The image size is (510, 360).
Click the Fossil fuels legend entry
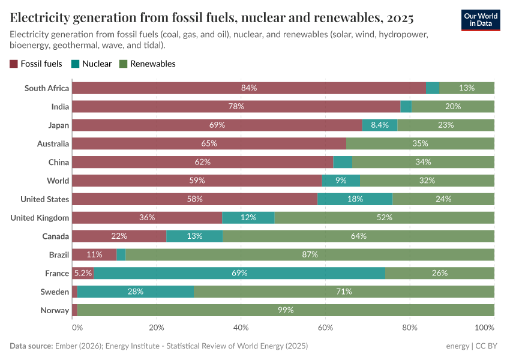(36, 64)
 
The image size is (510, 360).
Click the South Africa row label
(47, 88)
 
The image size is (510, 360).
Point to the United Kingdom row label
(40, 218)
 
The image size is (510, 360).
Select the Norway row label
(55, 310)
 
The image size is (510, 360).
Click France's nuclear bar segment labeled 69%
(239, 273)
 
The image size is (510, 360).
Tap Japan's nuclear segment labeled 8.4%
(380, 125)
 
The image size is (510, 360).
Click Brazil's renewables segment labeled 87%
(310, 254)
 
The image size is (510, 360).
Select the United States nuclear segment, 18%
(355, 199)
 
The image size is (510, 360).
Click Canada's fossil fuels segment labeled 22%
(119, 236)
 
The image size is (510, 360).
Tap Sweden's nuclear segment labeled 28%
(136, 292)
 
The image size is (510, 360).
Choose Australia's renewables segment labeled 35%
(420, 144)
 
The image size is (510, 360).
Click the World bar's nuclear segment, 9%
(341, 181)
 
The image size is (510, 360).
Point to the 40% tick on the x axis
(241, 328)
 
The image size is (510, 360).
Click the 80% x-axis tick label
(410, 328)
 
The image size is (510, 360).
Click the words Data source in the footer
(31, 346)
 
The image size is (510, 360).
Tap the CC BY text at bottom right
(487, 346)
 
